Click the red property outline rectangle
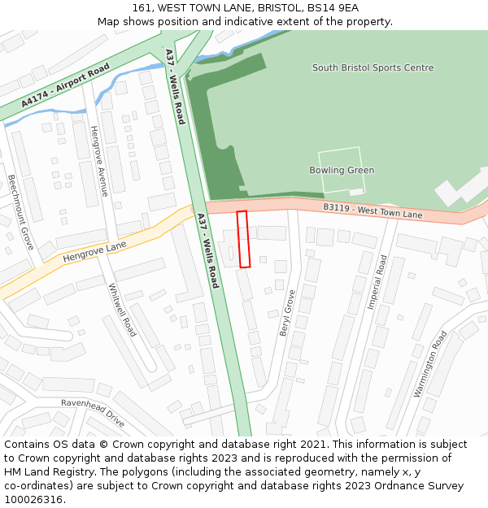[x=243, y=239]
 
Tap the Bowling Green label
[x=342, y=171]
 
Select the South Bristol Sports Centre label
[x=373, y=68]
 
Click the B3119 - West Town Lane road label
[x=373, y=211]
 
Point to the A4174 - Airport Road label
[x=66, y=85]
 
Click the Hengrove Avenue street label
[x=99, y=161]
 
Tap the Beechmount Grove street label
[x=21, y=211]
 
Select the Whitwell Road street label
[x=122, y=310]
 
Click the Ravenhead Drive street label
[x=93, y=413]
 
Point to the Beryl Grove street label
[x=285, y=313]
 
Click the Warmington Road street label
[x=430, y=363]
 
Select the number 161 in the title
[x=142, y=8]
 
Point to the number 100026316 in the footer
[x=33, y=500]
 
